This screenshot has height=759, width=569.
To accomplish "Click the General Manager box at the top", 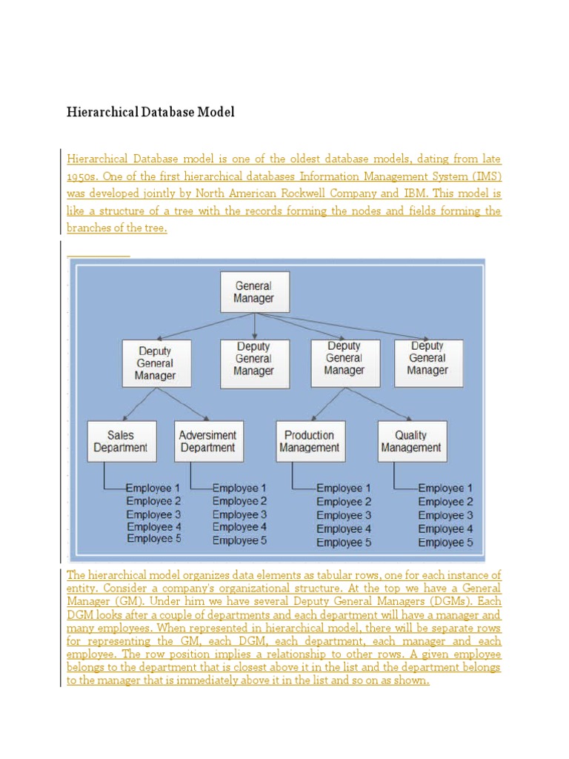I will [x=254, y=291].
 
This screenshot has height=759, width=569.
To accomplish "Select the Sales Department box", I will [x=122, y=441].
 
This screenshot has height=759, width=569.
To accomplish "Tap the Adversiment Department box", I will [x=208, y=441].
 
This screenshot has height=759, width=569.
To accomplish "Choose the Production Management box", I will [x=310, y=441].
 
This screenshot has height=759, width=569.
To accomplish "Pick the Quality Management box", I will [x=411, y=441].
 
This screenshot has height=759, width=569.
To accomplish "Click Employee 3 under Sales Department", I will [x=153, y=514].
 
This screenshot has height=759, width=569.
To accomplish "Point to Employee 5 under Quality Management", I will [x=445, y=543].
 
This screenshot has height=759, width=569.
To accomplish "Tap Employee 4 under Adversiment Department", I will [x=240, y=527].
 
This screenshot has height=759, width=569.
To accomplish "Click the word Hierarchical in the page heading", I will [x=102, y=113].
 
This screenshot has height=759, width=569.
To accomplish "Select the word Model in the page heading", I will [x=216, y=113].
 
